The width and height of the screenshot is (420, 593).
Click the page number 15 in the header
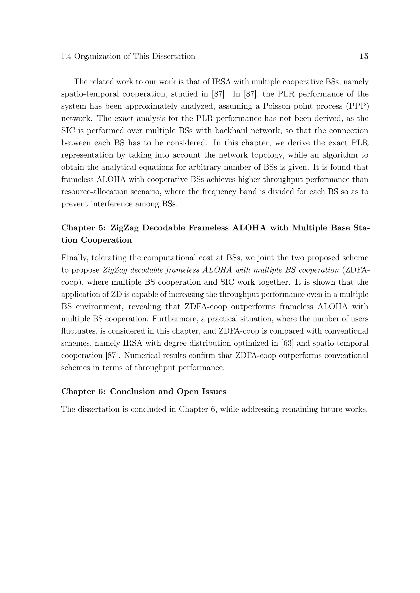pos(364,56)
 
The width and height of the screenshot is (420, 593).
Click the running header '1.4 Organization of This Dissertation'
pos(128,56)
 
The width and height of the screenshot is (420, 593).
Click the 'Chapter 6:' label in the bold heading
pos(83,392)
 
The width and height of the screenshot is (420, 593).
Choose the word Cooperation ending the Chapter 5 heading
pos(106,240)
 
